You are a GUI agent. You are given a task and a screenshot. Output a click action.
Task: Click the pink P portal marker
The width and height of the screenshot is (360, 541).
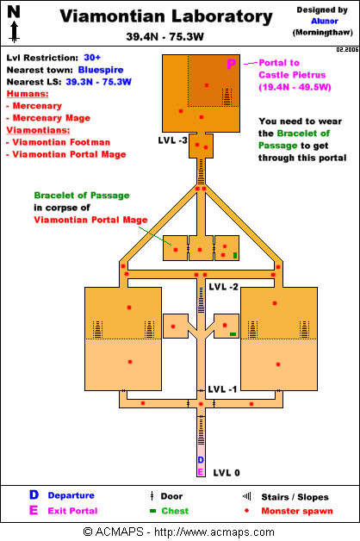tap(232, 64)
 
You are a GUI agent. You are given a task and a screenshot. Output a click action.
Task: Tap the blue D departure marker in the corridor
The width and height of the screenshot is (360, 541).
tap(201, 460)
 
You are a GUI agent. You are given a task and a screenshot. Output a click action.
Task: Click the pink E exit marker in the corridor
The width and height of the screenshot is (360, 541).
tap(201, 471)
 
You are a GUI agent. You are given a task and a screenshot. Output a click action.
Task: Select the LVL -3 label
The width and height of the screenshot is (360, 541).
tap(173, 140)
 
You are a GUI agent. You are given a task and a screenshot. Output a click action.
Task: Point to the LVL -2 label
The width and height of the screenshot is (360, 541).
tap(223, 287)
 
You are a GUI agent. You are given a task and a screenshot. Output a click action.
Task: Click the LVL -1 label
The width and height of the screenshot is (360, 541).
tap(222, 389)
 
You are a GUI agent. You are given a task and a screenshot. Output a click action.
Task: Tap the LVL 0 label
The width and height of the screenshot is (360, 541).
tap(227, 473)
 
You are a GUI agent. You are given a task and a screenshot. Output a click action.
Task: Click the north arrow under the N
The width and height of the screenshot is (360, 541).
tap(14, 32)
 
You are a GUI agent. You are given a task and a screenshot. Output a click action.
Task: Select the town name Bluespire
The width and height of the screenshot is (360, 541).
tap(101, 70)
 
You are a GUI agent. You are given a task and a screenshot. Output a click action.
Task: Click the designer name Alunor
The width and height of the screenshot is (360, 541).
tap(325, 21)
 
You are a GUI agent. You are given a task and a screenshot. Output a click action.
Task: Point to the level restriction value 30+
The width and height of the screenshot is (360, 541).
tap(92, 58)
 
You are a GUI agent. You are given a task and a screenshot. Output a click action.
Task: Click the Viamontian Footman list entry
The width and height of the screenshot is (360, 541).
tap(59, 142)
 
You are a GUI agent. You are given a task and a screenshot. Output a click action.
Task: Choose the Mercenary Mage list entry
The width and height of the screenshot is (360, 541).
tap(48, 118)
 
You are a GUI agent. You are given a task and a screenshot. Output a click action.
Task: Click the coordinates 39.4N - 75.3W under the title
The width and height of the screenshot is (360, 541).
tap(164, 36)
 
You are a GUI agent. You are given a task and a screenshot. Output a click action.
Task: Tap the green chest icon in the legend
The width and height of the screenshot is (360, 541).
tap(152, 511)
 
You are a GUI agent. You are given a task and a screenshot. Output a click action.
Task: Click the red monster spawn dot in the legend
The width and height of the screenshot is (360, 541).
tap(246, 510)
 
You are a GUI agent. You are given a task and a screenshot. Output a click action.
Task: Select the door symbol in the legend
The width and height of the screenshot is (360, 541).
tap(152, 496)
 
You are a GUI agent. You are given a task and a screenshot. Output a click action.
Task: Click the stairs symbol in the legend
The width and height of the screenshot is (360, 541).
tap(247, 496)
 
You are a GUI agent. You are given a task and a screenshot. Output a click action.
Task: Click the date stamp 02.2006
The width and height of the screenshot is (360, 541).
tap(347, 50)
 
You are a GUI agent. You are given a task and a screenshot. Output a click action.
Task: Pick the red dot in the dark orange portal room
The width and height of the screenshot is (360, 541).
tap(207, 85)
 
